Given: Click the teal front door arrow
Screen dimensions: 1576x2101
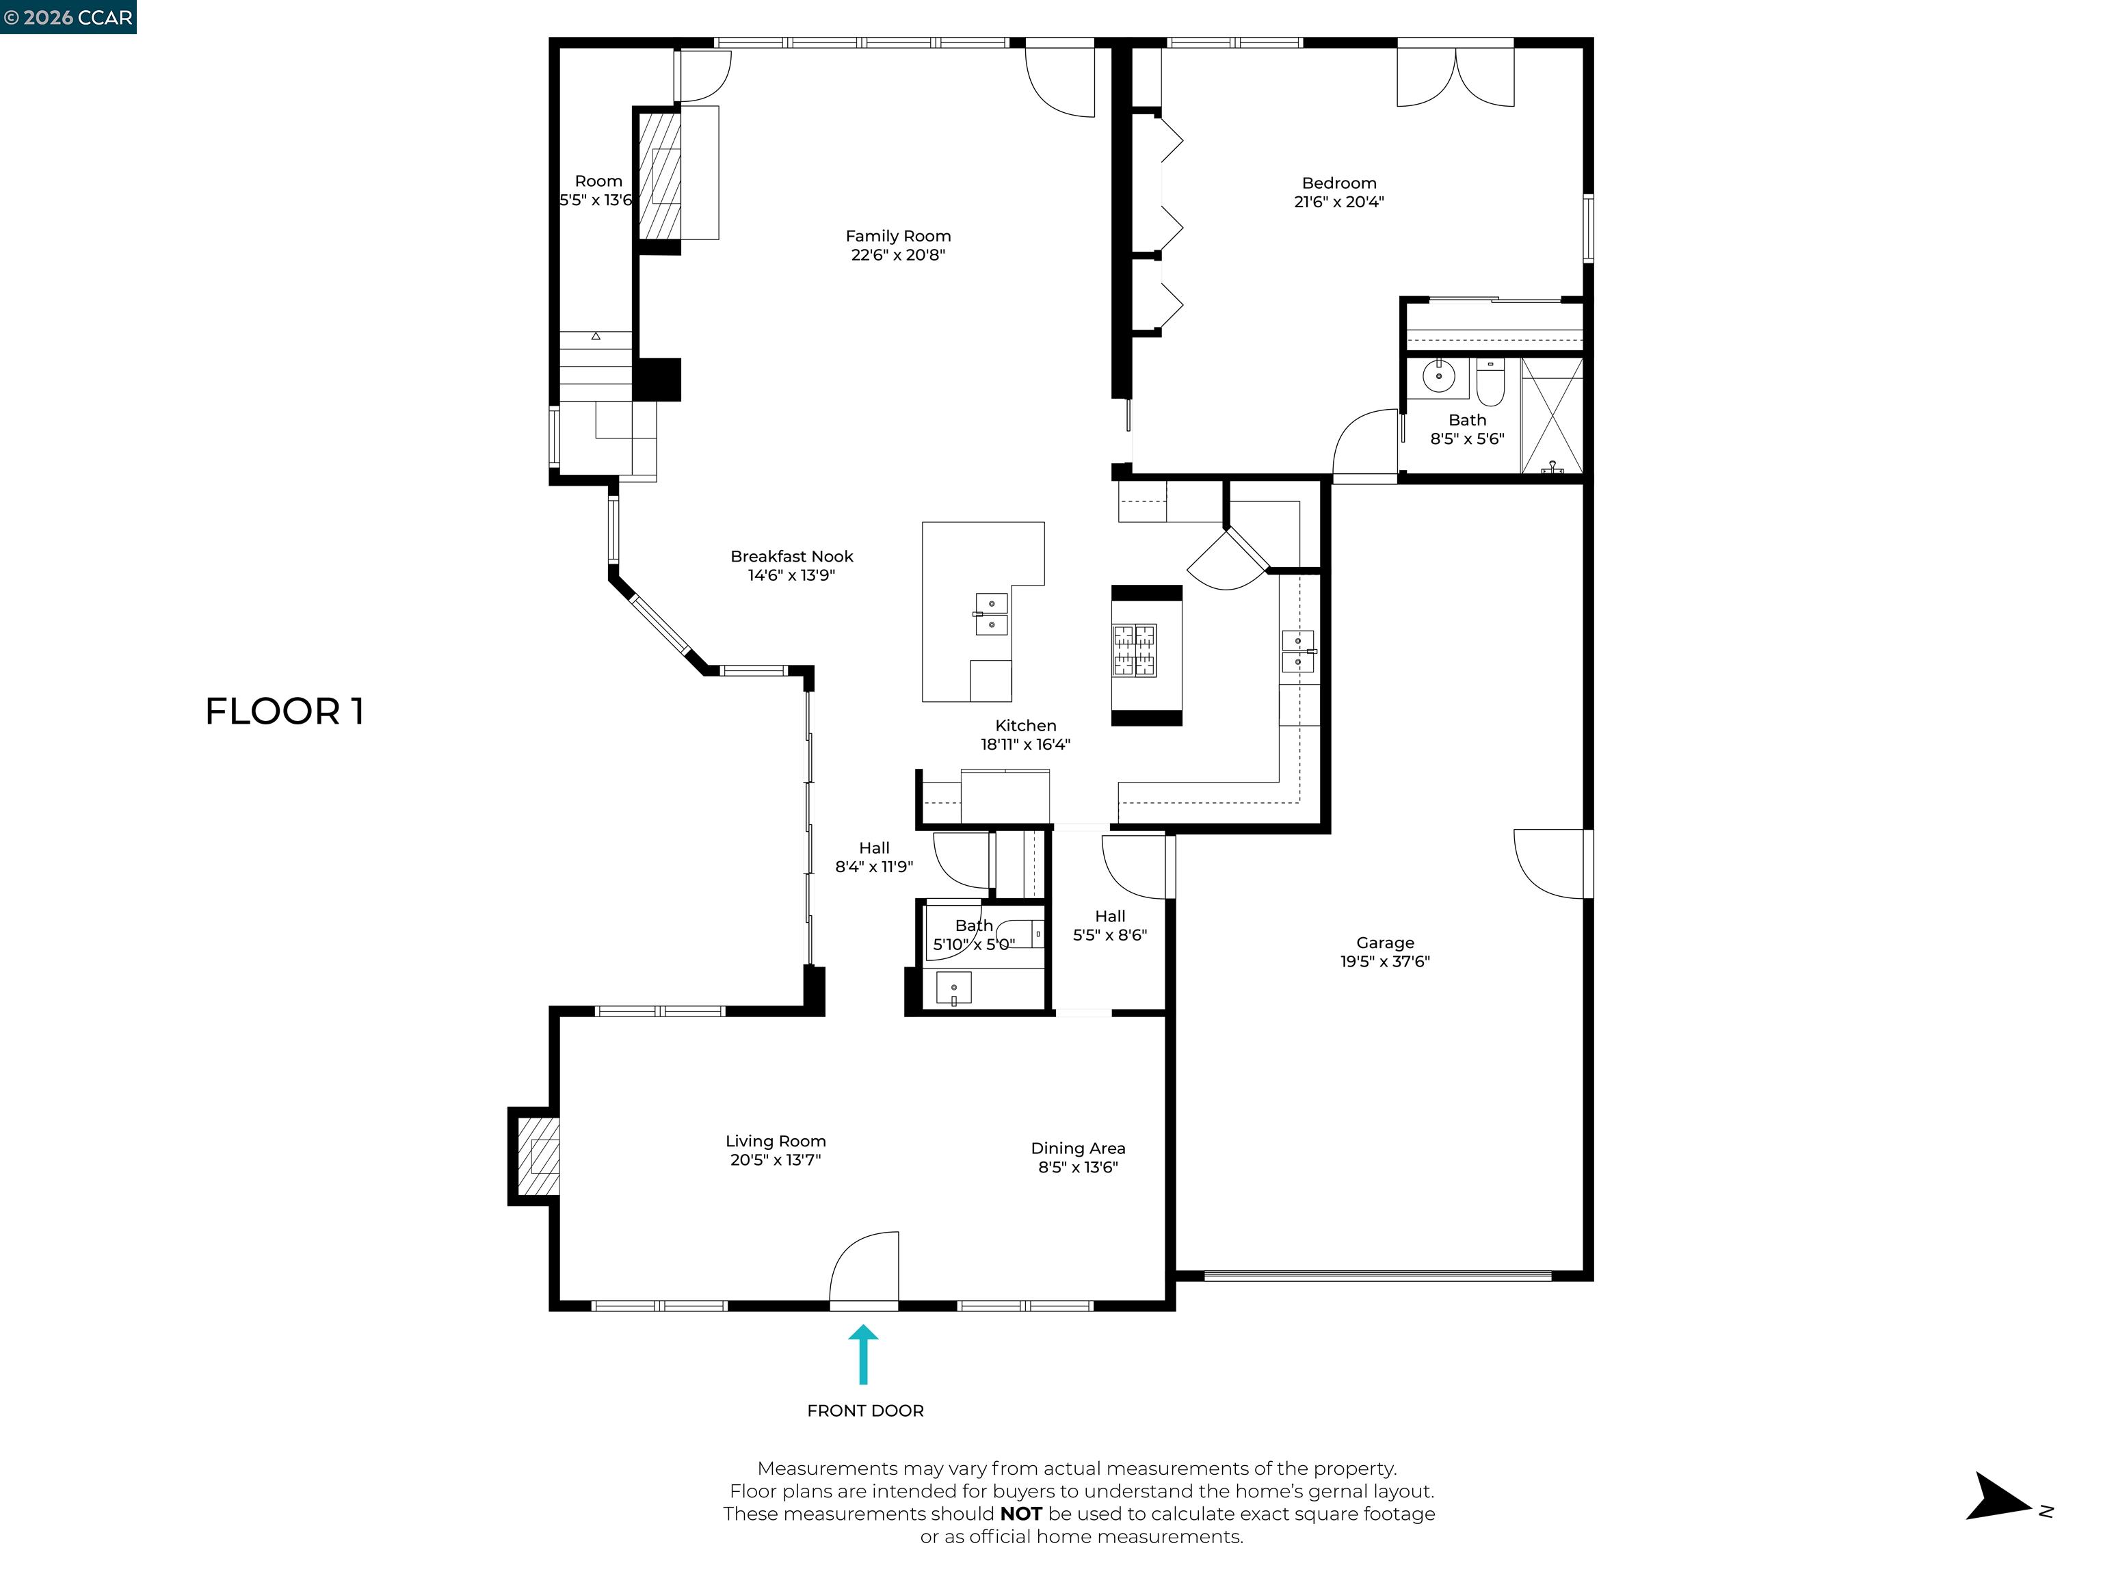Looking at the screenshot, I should (862, 1356).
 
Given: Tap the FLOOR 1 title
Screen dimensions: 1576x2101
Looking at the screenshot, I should (284, 711).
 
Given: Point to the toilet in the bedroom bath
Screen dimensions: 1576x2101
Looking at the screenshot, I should (1490, 381).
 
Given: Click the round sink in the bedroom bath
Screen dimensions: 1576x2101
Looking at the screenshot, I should (1439, 376).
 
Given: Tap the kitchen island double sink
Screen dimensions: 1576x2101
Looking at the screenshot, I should (991, 614).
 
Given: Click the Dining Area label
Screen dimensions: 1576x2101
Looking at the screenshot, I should (1077, 1148).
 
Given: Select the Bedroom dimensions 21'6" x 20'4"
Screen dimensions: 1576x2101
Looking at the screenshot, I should (1338, 201).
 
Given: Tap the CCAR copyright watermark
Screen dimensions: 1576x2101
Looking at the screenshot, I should (68, 17).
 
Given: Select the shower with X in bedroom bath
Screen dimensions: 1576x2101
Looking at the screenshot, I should (1551, 416).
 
